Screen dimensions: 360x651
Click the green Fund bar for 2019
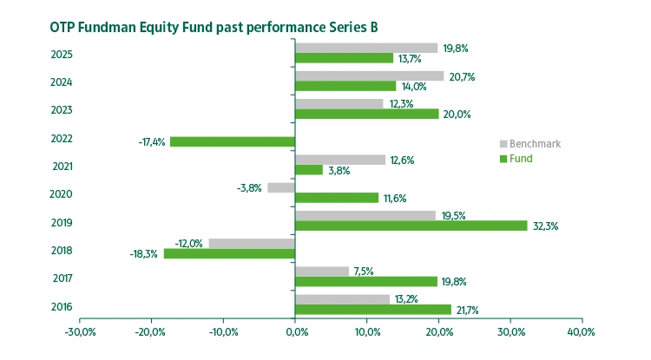point(411,226)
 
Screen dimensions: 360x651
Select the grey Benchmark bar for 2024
point(370,75)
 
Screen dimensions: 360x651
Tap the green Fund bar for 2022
point(233,141)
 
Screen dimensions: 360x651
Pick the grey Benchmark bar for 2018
point(252,244)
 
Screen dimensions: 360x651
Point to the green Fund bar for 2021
point(309,170)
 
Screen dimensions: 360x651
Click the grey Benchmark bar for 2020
point(281,187)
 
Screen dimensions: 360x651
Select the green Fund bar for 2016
point(373,310)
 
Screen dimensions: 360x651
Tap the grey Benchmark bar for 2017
point(322,272)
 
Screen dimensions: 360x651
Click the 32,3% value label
point(544,226)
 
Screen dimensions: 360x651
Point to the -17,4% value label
point(152,141)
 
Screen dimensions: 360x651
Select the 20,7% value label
point(461,77)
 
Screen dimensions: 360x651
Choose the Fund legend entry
point(521,159)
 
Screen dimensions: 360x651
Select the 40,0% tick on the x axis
point(581,332)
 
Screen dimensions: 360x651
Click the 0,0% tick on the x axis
point(295,332)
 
